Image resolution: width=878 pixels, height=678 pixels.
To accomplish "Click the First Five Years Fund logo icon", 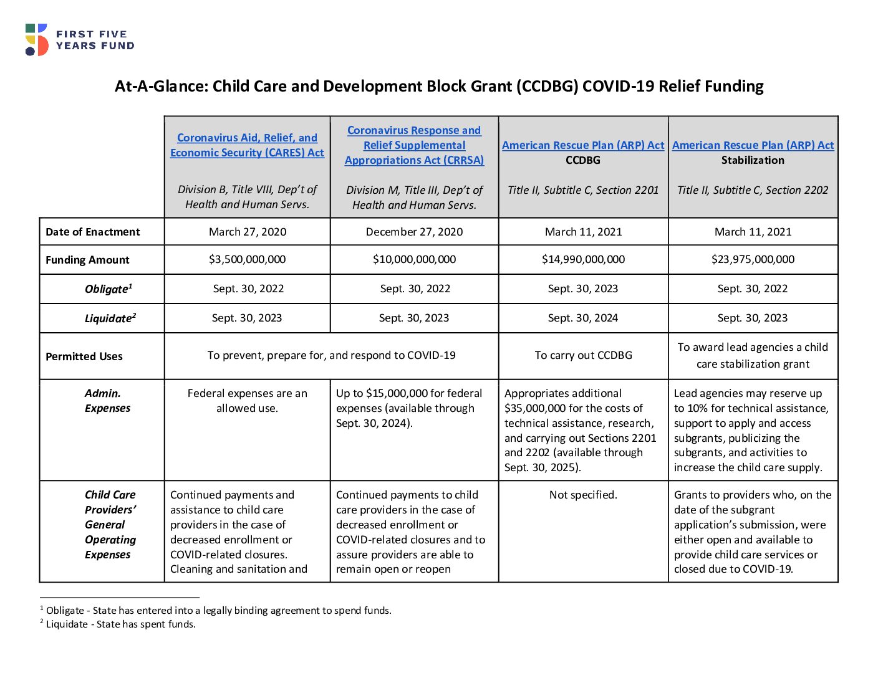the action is click(37, 40).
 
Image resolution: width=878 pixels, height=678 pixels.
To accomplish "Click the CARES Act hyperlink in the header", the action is click(247, 145).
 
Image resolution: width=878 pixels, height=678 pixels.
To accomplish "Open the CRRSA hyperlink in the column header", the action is click(414, 145).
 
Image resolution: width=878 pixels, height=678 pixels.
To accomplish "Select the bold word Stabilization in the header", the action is click(753, 160).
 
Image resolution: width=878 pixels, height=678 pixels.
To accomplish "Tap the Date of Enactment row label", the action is click(92, 232).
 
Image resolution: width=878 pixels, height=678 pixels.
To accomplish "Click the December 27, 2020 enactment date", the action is click(414, 232).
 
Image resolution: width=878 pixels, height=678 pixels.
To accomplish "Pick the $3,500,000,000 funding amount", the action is click(247, 259).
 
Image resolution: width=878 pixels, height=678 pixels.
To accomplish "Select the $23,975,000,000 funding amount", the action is click(753, 259).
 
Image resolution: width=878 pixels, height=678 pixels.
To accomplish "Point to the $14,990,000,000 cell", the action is click(583, 259).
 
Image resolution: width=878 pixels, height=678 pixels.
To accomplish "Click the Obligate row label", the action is click(109, 289).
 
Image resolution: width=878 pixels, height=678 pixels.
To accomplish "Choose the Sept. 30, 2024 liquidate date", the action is click(582, 318).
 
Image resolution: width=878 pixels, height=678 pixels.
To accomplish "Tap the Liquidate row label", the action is click(110, 318).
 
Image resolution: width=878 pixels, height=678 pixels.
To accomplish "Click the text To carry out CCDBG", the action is click(583, 355).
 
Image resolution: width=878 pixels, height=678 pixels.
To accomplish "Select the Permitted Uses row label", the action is click(84, 356).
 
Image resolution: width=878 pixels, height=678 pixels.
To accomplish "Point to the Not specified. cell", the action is click(583, 495).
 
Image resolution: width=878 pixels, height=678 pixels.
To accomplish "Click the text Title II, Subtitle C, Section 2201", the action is click(583, 190).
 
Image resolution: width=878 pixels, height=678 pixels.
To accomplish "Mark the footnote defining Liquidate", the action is click(118, 624).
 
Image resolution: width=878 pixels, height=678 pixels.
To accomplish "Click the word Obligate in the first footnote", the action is click(65, 610).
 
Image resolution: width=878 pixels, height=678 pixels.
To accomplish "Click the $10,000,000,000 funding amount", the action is click(414, 259).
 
